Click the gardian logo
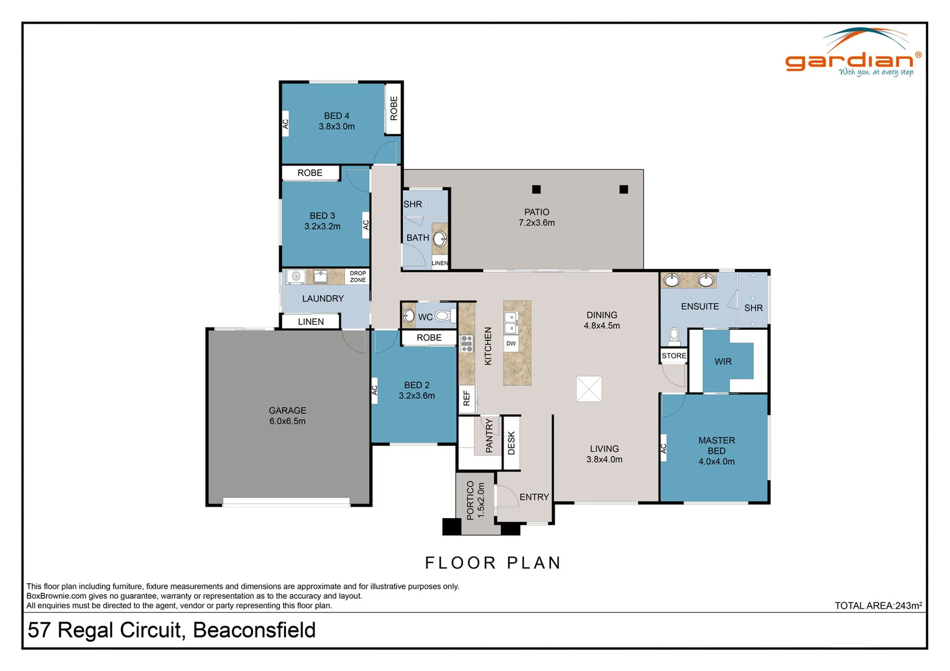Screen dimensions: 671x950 tap(852, 56)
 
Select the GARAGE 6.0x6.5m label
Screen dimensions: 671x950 tap(287, 416)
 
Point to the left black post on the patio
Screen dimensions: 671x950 tap(537, 189)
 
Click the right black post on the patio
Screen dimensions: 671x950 tap(624, 189)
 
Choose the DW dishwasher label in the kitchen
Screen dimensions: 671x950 tap(511, 344)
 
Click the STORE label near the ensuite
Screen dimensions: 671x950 tap(674, 356)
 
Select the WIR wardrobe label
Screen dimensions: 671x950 tap(723, 362)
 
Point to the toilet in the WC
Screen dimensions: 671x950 tap(443, 316)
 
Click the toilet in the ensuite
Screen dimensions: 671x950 tap(674, 336)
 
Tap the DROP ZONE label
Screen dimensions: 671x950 tap(357, 276)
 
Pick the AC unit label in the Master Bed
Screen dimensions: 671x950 tap(663, 448)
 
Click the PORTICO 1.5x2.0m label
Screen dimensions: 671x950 tap(475, 501)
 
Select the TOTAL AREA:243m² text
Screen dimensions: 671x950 tap(878, 606)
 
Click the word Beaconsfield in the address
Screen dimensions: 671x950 tap(254, 630)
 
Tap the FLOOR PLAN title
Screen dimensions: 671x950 tap(493, 563)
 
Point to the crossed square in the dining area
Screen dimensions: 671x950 tap(589, 389)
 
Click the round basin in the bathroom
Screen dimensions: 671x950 tap(440, 239)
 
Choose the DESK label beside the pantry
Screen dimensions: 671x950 tap(511, 443)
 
